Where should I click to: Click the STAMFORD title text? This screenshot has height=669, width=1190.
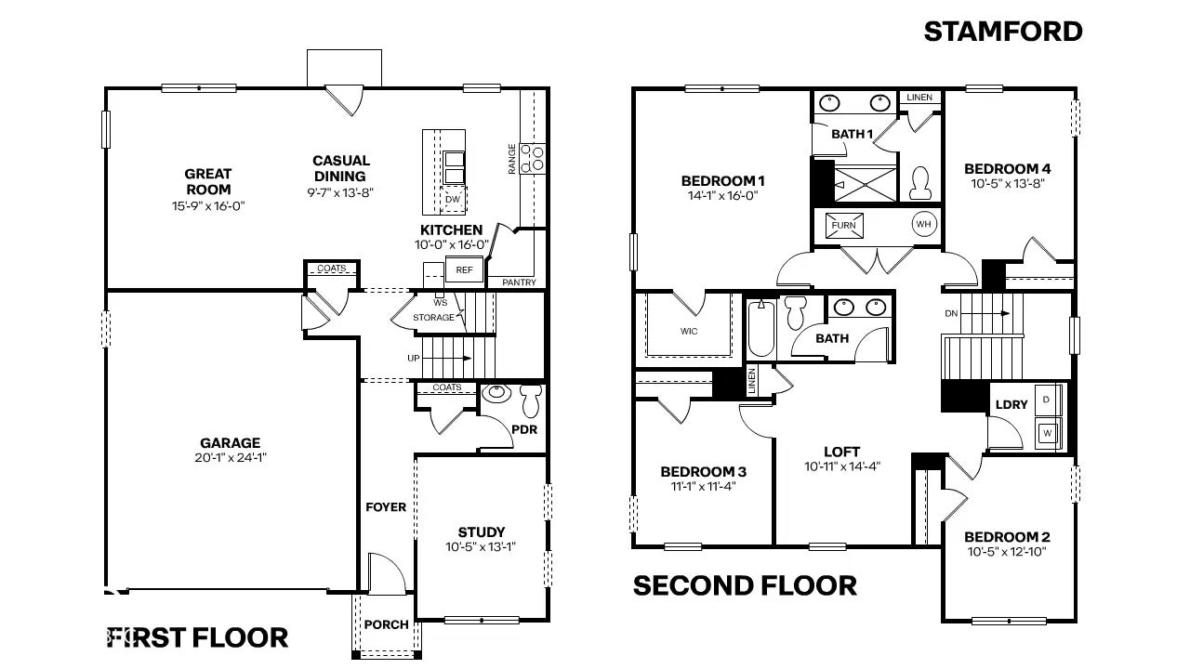click(1003, 32)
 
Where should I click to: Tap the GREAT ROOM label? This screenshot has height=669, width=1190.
click(207, 181)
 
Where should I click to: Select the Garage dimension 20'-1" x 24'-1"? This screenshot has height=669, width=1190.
click(230, 457)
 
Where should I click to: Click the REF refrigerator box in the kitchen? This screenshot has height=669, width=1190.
click(464, 270)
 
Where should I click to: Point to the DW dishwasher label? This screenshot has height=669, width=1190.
click(453, 200)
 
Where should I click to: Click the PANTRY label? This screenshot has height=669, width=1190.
click(519, 282)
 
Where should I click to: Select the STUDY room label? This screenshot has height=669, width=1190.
click(482, 532)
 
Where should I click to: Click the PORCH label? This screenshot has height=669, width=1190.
click(386, 624)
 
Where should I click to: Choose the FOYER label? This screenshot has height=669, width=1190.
click(386, 507)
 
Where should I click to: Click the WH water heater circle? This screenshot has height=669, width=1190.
click(923, 224)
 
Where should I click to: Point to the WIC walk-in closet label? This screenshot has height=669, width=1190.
click(689, 332)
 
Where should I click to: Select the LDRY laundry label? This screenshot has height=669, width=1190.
click(1011, 404)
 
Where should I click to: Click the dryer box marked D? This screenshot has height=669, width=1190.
click(1047, 399)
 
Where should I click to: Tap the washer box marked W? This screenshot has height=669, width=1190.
click(1047, 432)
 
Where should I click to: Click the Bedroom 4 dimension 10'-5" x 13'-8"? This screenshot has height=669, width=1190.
click(1007, 184)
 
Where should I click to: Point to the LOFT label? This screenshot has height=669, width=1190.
click(841, 452)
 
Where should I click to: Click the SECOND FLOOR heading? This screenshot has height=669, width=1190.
click(745, 585)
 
